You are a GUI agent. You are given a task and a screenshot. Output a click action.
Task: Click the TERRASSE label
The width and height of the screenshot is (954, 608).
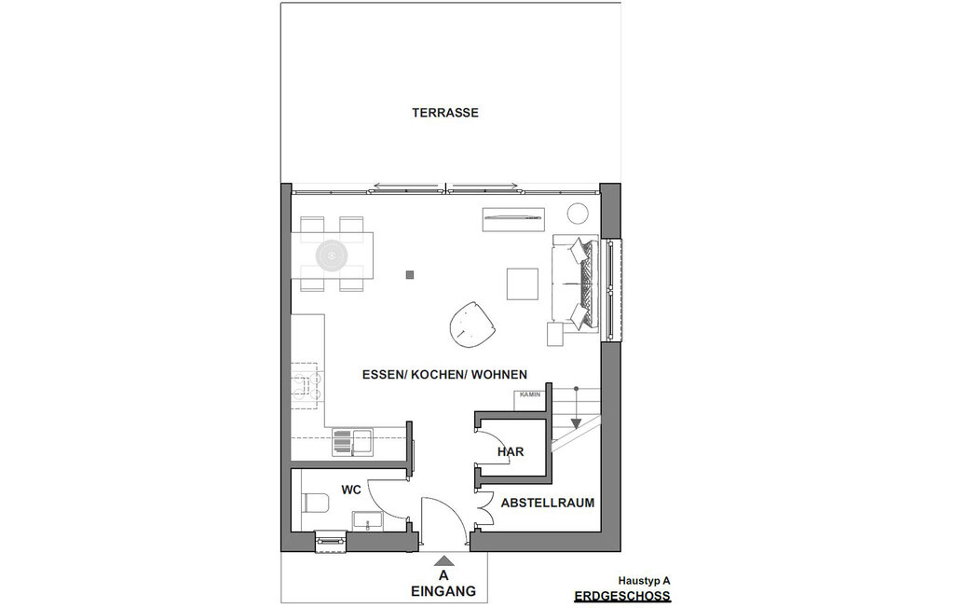click(445, 113)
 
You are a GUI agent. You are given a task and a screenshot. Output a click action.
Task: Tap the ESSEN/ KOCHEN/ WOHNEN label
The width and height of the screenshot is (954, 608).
click(444, 375)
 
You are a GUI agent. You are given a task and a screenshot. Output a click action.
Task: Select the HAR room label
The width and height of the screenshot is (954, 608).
click(510, 452)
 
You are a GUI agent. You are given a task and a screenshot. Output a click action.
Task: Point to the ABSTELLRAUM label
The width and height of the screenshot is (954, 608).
click(548, 503)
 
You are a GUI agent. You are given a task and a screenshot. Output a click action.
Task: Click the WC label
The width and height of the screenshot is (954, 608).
click(351, 489)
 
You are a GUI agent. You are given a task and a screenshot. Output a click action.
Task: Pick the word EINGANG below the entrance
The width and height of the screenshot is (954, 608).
click(443, 591)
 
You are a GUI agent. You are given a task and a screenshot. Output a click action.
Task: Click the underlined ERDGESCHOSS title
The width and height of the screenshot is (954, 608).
click(621, 595)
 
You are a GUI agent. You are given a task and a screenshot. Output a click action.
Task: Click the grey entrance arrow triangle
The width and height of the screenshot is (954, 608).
click(443, 560)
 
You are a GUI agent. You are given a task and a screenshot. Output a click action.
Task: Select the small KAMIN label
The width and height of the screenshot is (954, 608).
click(531, 395)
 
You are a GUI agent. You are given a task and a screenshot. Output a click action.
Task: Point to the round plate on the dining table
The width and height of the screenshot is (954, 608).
click(332, 255)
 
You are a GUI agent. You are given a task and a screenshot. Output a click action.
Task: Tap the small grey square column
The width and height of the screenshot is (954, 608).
click(409, 274)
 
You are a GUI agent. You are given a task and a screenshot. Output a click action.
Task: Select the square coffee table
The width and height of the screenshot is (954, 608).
click(522, 283)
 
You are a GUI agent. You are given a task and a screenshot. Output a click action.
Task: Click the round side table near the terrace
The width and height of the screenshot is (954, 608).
click(578, 213)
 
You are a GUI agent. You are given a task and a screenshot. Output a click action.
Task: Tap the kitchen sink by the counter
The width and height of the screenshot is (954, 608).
click(351, 440)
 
